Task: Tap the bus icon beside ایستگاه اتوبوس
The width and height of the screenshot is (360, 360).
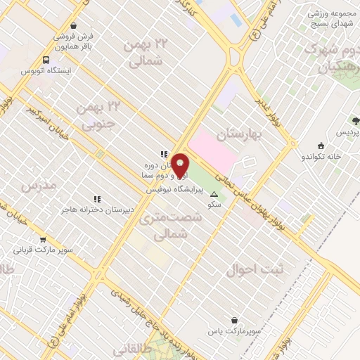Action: [46, 60]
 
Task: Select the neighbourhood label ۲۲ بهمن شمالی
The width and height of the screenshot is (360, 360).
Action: [146, 52]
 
